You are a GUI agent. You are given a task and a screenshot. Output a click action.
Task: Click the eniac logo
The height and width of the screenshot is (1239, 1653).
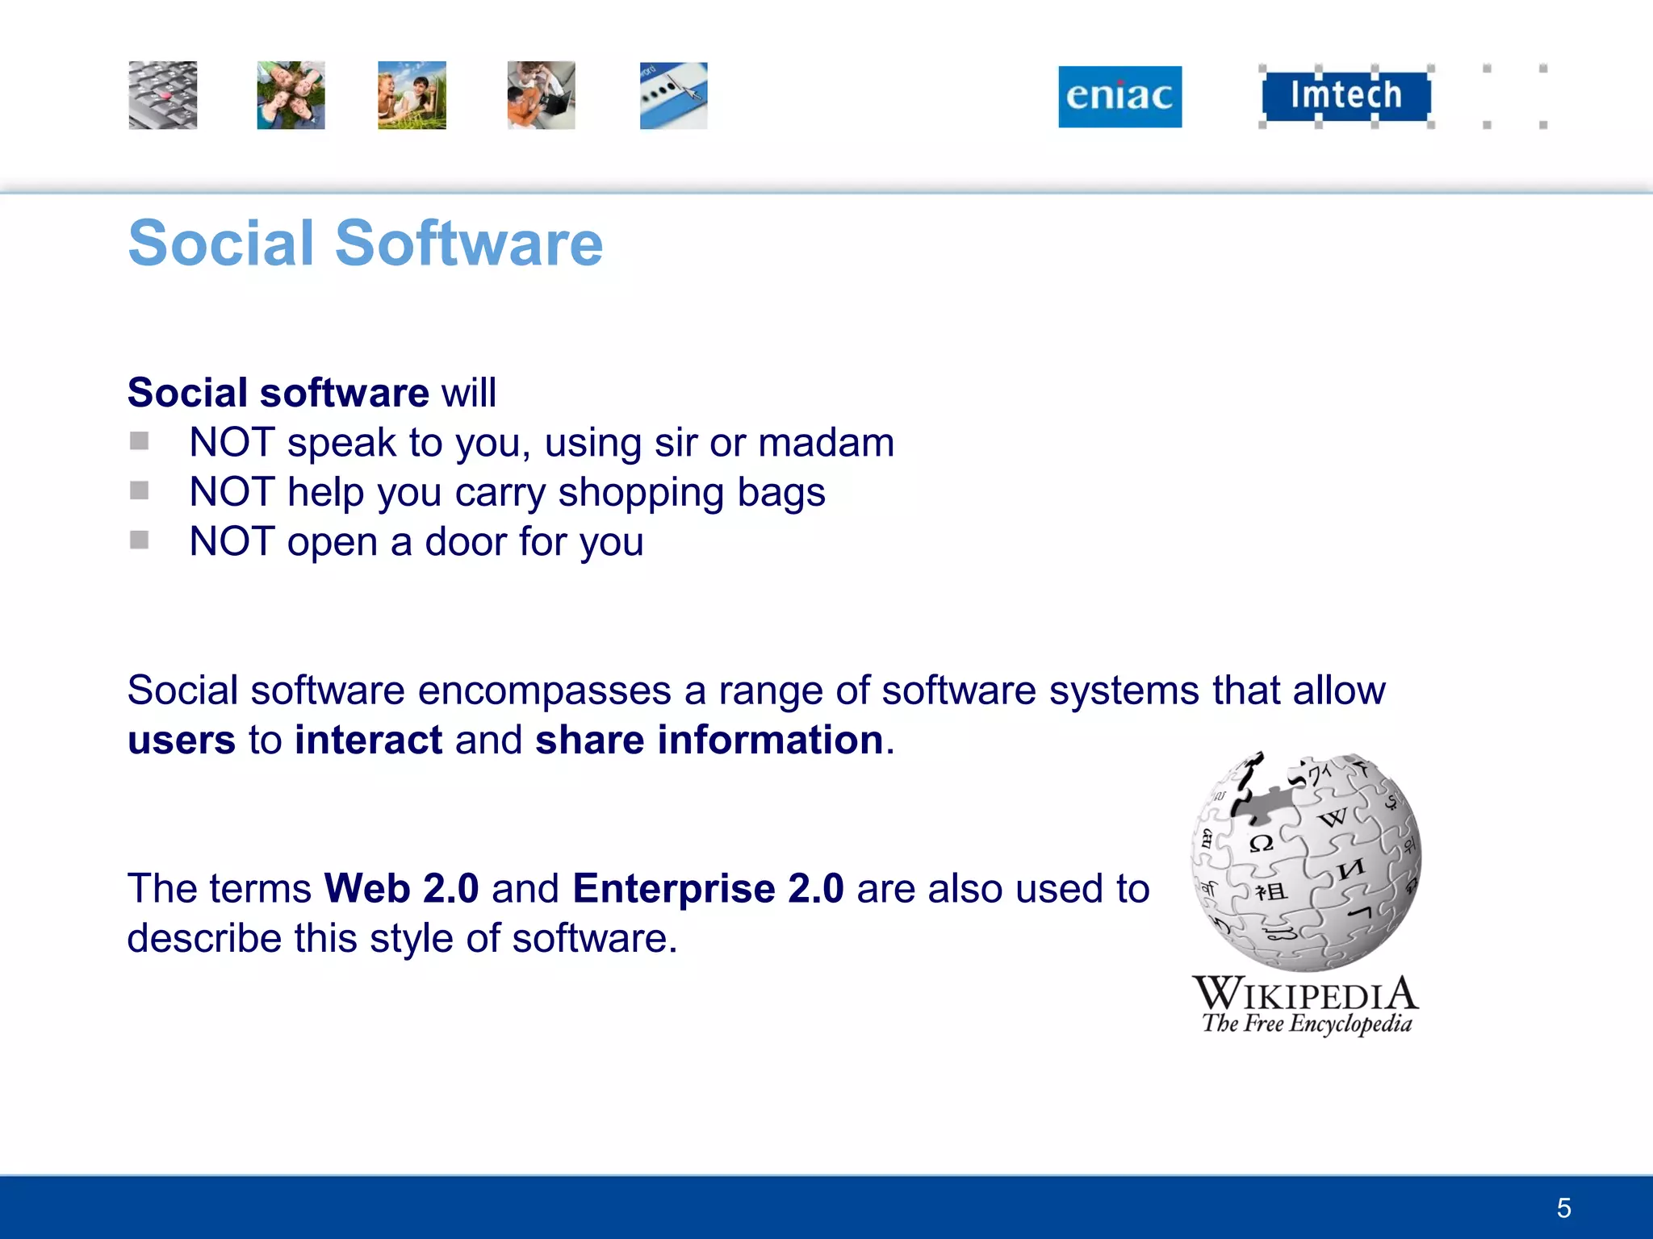[1119, 97]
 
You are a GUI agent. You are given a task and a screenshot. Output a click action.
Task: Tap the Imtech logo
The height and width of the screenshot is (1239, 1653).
[1345, 95]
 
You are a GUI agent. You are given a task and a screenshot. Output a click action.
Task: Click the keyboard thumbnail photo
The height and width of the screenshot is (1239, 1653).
[163, 95]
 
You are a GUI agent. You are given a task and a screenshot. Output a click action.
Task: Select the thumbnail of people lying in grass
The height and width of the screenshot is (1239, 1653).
[291, 95]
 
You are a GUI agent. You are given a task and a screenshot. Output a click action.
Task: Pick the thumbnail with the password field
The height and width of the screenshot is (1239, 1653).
[673, 95]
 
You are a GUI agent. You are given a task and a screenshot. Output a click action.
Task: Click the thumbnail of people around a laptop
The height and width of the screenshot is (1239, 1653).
[541, 95]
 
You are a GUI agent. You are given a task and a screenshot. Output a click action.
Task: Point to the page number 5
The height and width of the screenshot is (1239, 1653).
[1563, 1208]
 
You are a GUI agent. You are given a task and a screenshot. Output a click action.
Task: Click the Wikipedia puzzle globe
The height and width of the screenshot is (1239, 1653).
[1306, 861]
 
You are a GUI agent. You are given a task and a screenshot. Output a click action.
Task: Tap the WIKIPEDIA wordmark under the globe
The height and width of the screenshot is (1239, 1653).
[1305, 994]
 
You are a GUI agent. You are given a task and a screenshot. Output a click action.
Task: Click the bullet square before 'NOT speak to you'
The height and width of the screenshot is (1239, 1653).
[139, 441]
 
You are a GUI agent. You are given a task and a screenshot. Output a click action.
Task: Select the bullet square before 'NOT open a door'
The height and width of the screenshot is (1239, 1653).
[139, 540]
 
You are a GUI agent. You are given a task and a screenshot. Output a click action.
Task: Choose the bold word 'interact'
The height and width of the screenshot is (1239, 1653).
[368, 740]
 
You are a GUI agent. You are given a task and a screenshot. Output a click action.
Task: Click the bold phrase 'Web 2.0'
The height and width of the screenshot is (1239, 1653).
[401, 889]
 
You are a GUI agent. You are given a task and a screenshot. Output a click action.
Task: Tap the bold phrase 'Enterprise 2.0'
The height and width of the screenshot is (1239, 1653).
[708, 889]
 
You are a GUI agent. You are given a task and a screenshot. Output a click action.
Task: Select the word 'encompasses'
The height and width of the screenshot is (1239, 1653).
[544, 691]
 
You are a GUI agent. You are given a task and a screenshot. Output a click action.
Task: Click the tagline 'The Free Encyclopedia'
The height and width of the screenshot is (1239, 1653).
[1307, 1024]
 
